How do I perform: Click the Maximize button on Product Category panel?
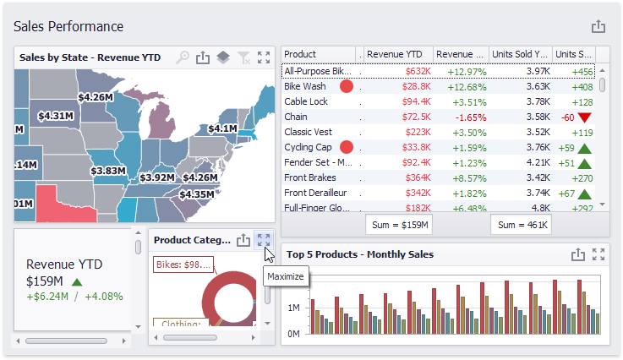click(x=264, y=240)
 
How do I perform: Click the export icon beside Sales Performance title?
click(x=598, y=27)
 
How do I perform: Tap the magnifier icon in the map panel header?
click(x=183, y=57)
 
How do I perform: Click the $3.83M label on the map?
click(x=108, y=171)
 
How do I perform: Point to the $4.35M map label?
click(x=197, y=194)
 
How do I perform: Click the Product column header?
click(x=300, y=54)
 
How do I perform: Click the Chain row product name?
click(x=296, y=117)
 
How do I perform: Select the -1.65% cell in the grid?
click(x=467, y=117)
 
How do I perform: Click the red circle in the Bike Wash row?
click(x=346, y=86)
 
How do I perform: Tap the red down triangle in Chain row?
click(x=586, y=117)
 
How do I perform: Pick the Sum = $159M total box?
click(x=400, y=225)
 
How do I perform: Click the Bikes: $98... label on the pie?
click(x=183, y=265)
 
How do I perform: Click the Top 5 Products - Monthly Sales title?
click(x=360, y=254)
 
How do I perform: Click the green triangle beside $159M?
click(x=77, y=282)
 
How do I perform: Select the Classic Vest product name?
click(x=309, y=132)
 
